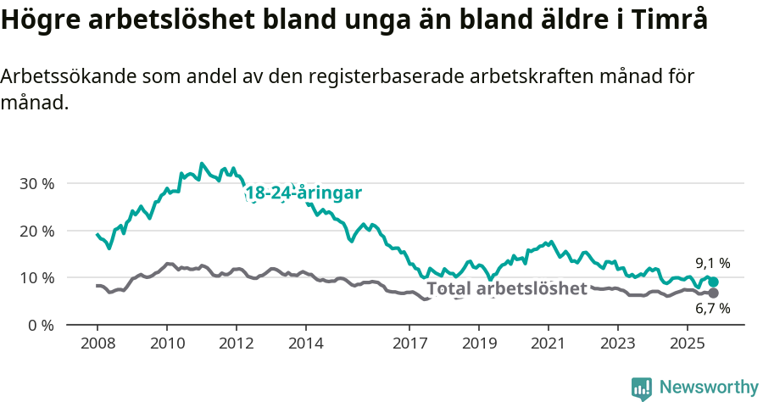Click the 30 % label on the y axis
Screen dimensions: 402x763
(36, 183)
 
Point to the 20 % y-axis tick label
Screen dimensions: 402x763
(36, 231)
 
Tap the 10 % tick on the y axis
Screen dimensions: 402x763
(36, 277)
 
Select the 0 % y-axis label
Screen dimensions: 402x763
(40, 325)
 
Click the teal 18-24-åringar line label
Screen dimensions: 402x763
(304, 193)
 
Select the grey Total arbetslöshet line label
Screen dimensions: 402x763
(507, 288)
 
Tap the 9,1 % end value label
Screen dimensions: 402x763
(712, 264)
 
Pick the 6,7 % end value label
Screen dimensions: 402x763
(712, 309)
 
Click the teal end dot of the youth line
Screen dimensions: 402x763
(713, 282)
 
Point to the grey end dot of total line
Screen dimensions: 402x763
(713, 293)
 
